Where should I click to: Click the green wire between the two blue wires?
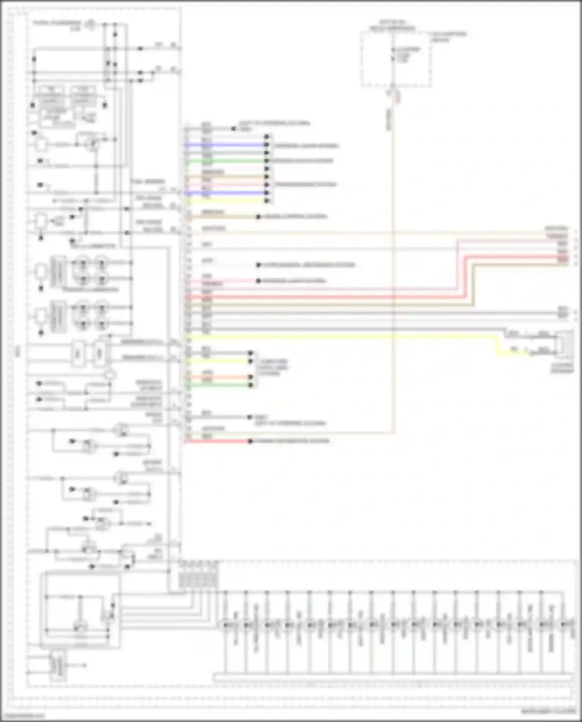click(x=225, y=161)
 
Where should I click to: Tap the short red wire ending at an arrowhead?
click(x=217, y=442)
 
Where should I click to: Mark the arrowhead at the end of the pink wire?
click(x=258, y=281)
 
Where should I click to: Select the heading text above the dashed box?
click(x=392, y=26)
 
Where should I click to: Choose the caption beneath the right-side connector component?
click(x=563, y=368)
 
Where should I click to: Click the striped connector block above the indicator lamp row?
click(x=198, y=580)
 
